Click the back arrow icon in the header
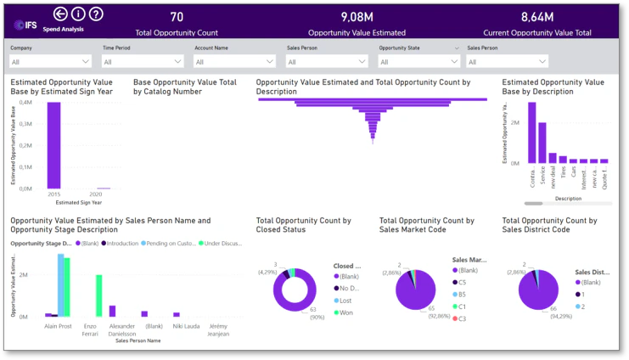(x=60, y=14)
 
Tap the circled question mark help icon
(x=96, y=14)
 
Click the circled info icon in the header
(x=78, y=14)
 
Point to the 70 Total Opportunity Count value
(x=177, y=17)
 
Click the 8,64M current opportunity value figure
(x=536, y=17)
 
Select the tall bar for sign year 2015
(x=53, y=144)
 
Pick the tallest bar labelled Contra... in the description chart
(x=532, y=132)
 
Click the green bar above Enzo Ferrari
(x=99, y=295)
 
